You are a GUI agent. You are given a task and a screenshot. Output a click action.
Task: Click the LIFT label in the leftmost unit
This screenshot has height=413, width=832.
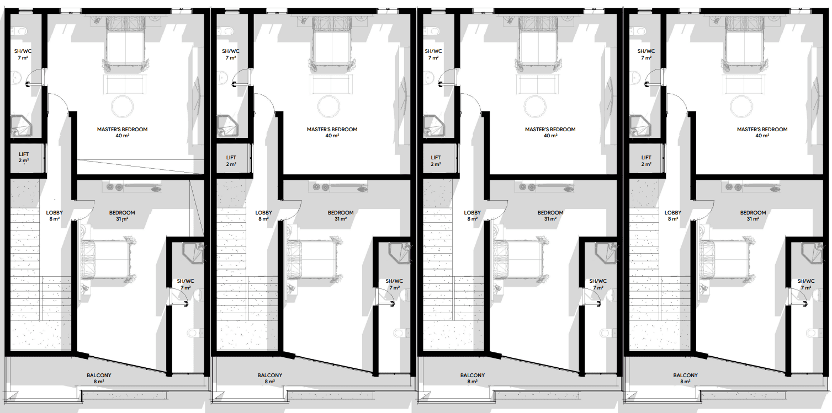[x=24, y=154]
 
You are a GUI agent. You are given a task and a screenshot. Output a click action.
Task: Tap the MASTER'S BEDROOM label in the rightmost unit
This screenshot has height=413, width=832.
[x=762, y=129]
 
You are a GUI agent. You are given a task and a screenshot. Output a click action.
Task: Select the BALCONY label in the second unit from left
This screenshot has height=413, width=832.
[x=269, y=375]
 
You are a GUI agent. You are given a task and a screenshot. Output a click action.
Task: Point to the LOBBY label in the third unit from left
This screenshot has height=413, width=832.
[x=472, y=213]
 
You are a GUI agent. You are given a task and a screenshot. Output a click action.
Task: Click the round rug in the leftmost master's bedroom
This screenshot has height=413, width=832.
[x=122, y=106]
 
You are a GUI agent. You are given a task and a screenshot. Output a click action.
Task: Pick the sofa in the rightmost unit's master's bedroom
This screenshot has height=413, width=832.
[x=743, y=84]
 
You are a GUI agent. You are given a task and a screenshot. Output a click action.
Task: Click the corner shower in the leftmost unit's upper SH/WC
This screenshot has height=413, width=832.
[x=21, y=125]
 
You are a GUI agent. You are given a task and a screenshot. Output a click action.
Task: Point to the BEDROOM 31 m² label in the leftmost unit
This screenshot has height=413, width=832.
[x=122, y=216]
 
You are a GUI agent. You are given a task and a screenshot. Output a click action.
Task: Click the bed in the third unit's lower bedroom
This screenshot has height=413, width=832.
[x=520, y=259]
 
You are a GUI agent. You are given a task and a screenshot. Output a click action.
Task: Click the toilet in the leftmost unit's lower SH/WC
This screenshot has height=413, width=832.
[x=196, y=332]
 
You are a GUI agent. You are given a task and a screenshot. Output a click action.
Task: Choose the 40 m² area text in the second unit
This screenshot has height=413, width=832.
[x=332, y=136]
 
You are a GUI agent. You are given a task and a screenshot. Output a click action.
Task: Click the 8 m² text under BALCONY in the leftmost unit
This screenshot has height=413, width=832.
[x=99, y=382]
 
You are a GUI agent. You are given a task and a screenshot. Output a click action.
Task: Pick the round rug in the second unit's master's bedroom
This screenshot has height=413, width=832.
[x=328, y=106]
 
